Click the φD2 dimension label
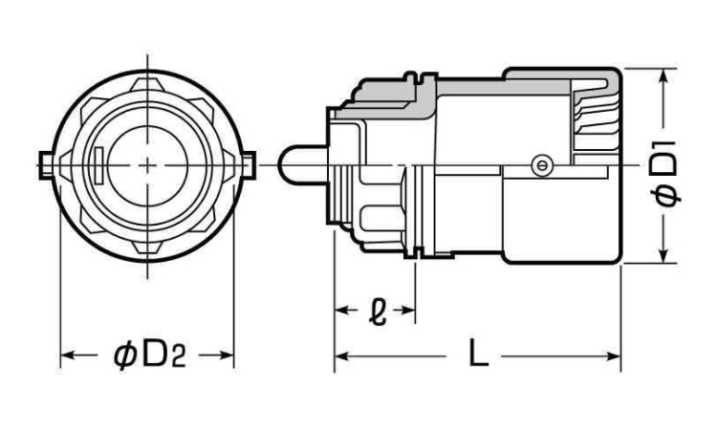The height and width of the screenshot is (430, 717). pos(148,355)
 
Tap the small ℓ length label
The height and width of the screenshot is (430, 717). pos(375,310)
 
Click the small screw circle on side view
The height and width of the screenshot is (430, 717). pos(542,165)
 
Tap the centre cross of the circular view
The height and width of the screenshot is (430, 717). pos(146,163)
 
